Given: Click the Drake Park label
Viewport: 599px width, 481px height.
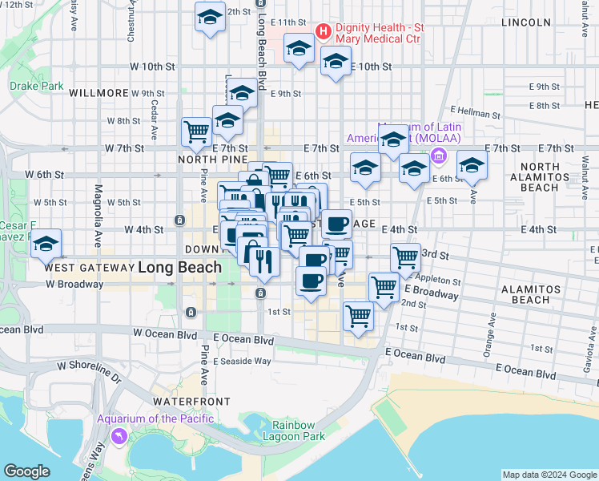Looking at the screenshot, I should tap(35, 86).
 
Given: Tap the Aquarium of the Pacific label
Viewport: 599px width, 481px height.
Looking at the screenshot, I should tap(155, 418).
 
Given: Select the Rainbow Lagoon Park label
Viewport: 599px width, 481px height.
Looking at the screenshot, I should tap(298, 430).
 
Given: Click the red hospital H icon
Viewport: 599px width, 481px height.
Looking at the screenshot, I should tap(324, 32).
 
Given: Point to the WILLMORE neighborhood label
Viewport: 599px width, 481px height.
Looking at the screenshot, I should tap(98, 93).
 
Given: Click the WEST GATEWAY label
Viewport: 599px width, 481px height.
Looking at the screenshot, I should tap(89, 267).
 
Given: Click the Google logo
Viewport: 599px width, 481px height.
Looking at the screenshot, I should tap(26, 471).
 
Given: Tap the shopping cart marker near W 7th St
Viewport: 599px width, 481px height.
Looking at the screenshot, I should tap(196, 131).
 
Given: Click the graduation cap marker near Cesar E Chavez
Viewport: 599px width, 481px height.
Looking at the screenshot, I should tap(46, 243).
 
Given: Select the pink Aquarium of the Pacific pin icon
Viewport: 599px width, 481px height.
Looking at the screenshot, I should tap(120, 435).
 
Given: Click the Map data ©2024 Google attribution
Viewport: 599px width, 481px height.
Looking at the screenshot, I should tap(549, 474).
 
